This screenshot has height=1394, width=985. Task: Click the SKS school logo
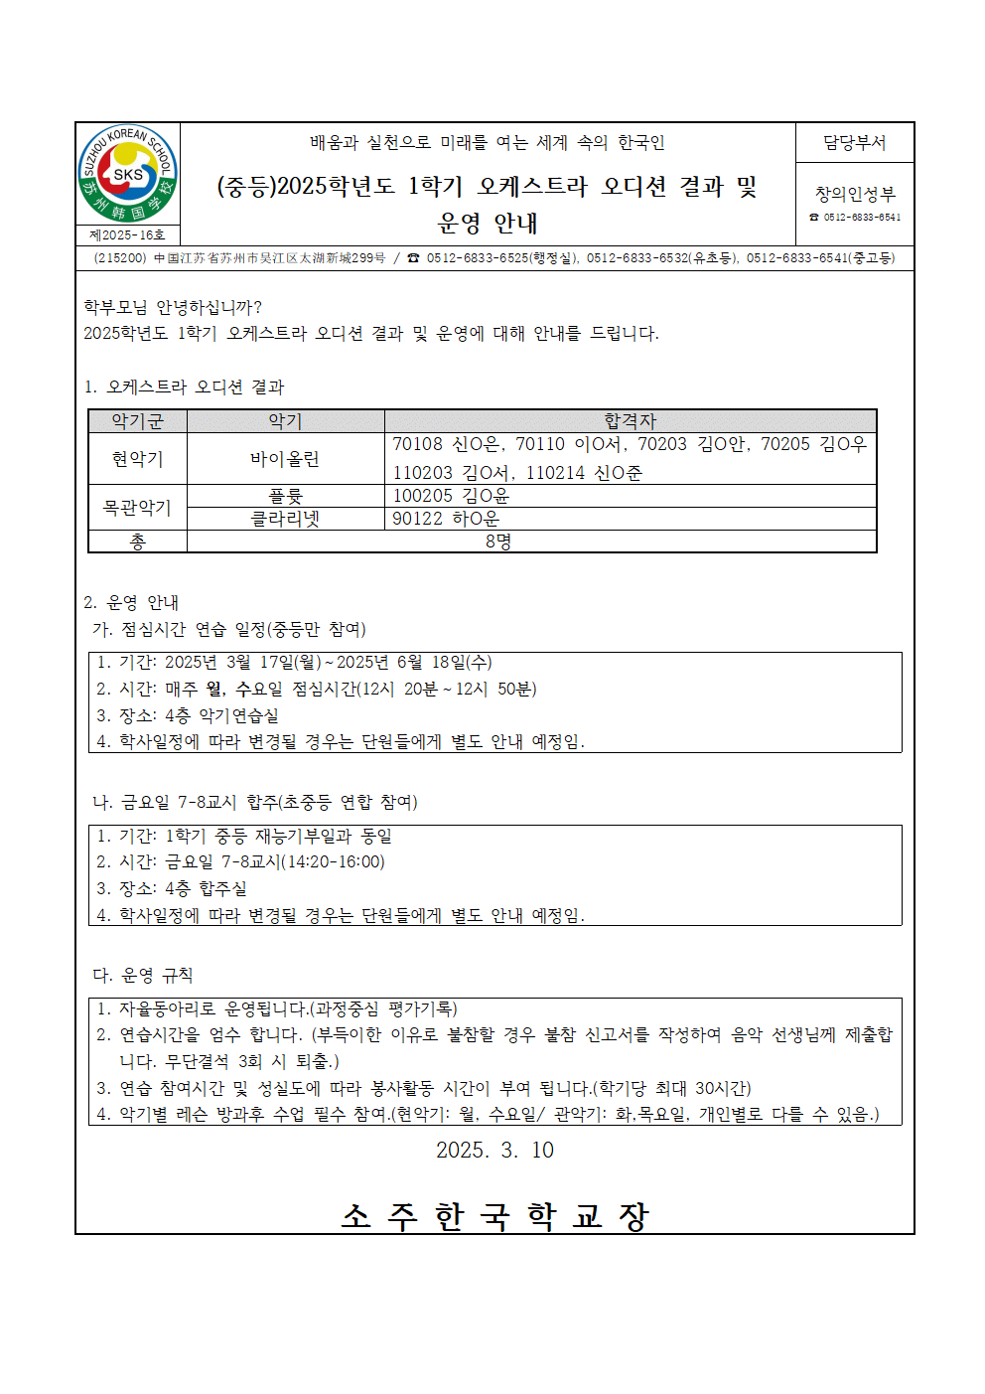(128, 175)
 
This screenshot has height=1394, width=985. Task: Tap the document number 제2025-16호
(128, 235)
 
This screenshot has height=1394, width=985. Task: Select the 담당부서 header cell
(854, 143)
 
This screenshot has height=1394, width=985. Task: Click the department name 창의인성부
(854, 194)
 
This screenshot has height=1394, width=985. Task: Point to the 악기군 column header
(138, 421)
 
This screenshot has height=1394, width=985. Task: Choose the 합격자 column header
(630, 421)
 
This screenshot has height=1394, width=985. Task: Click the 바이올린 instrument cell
(285, 459)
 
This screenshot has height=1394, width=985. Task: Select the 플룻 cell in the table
(285, 496)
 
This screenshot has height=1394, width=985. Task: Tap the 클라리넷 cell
(285, 519)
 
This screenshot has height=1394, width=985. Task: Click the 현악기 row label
(138, 459)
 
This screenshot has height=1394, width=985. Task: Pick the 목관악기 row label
(138, 508)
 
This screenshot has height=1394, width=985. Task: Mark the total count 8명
(498, 542)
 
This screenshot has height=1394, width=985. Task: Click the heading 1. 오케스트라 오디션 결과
(184, 387)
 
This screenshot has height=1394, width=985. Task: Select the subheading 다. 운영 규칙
(143, 976)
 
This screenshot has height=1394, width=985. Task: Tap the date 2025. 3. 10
(494, 1151)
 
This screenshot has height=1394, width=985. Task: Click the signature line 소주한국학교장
(494, 1216)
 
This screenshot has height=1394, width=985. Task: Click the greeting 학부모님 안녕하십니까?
(173, 308)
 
